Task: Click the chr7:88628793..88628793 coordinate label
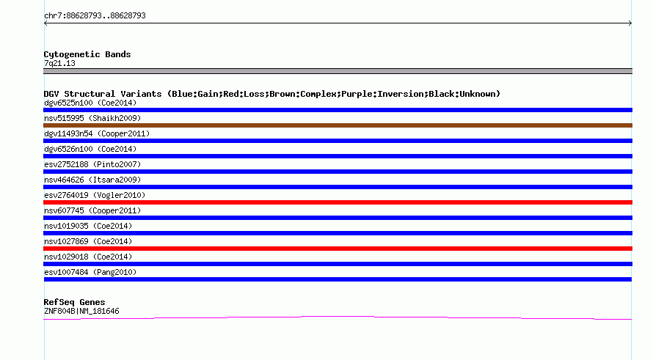coord(95,16)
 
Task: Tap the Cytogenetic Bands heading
coord(87,54)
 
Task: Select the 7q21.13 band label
coord(59,63)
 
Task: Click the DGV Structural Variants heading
coord(272,94)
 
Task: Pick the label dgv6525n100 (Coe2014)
coord(90,103)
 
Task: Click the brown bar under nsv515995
coord(338,125)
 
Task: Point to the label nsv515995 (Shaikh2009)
coord(92,118)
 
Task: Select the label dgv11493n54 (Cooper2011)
coord(97,133)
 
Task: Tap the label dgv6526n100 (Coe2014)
coord(90,149)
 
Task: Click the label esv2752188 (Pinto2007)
coord(92,164)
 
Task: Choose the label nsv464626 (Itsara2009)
coord(92,180)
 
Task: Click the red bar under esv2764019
coord(338,202)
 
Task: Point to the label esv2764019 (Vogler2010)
coord(95,195)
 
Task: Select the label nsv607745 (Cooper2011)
coord(92,210)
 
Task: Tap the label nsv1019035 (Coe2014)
coord(88,226)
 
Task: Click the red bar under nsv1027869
coord(338,249)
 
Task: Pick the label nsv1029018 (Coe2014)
coord(88,257)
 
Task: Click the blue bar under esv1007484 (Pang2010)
coord(338,279)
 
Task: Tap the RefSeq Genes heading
coord(74,302)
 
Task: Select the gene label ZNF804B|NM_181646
coord(81,312)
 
